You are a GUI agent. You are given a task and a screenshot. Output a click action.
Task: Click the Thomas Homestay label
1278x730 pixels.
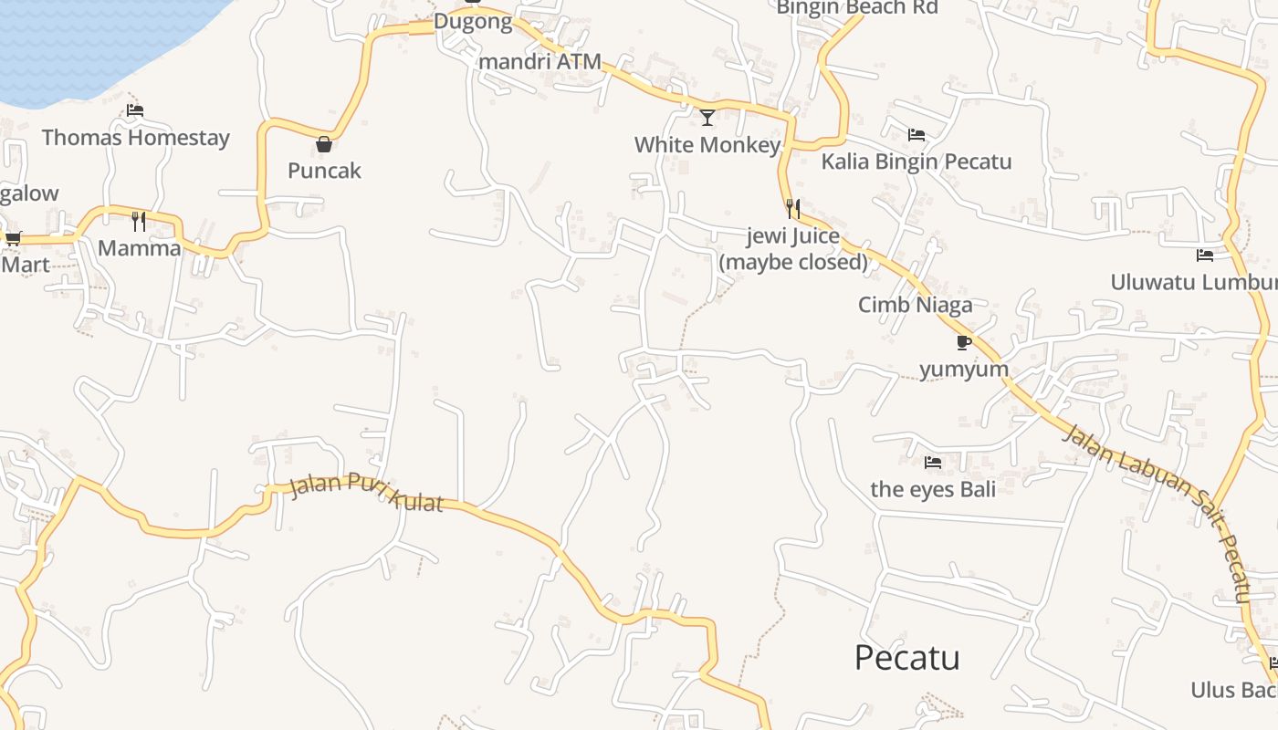(x=135, y=138)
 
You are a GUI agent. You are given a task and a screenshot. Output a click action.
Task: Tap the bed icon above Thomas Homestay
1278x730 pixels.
(x=135, y=110)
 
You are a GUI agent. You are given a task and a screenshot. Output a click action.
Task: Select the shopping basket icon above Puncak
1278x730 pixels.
(x=323, y=144)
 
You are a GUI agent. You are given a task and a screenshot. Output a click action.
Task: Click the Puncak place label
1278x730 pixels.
(x=324, y=171)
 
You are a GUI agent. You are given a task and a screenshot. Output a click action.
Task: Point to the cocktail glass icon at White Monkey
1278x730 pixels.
(x=707, y=117)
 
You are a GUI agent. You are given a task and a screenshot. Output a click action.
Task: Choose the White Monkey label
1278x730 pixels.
(x=707, y=145)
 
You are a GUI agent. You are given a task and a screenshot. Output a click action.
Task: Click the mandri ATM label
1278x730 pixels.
(x=539, y=62)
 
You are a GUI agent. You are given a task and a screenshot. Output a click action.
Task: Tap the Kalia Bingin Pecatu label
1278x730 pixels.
(x=917, y=162)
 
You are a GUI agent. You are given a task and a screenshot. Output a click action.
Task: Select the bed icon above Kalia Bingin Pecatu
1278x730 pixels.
(x=917, y=135)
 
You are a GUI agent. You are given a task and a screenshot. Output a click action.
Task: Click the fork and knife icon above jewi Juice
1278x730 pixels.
(x=792, y=209)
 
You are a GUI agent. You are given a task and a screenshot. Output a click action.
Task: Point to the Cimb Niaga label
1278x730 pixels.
(x=915, y=305)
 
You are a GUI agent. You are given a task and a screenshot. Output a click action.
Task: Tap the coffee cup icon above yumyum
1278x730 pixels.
(x=963, y=342)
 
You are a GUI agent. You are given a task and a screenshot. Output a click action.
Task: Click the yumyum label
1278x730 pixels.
(x=963, y=370)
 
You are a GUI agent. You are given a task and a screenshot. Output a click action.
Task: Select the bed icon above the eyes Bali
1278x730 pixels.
(x=932, y=463)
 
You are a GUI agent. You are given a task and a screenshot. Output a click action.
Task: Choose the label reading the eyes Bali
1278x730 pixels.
(x=932, y=489)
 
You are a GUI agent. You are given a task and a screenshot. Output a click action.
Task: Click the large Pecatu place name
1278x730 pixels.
(x=906, y=658)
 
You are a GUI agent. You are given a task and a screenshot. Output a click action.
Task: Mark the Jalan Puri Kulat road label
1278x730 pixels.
(x=366, y=493)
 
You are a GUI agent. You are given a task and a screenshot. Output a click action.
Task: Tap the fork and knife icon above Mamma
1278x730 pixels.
(x=139, y=221)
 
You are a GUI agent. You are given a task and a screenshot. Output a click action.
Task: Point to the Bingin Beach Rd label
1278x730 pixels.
(x=856, y=8)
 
